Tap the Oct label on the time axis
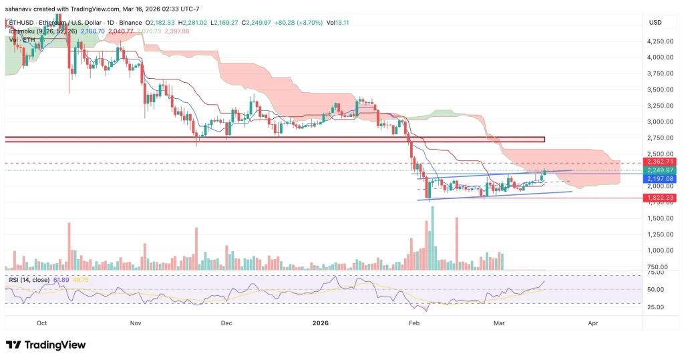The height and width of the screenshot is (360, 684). click(x=41, y=323)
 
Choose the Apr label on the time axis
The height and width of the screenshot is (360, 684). click(x=592, y=323)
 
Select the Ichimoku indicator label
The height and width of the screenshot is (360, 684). click(x=23, y=31)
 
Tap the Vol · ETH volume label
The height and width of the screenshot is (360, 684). click(x=22, y=39)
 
